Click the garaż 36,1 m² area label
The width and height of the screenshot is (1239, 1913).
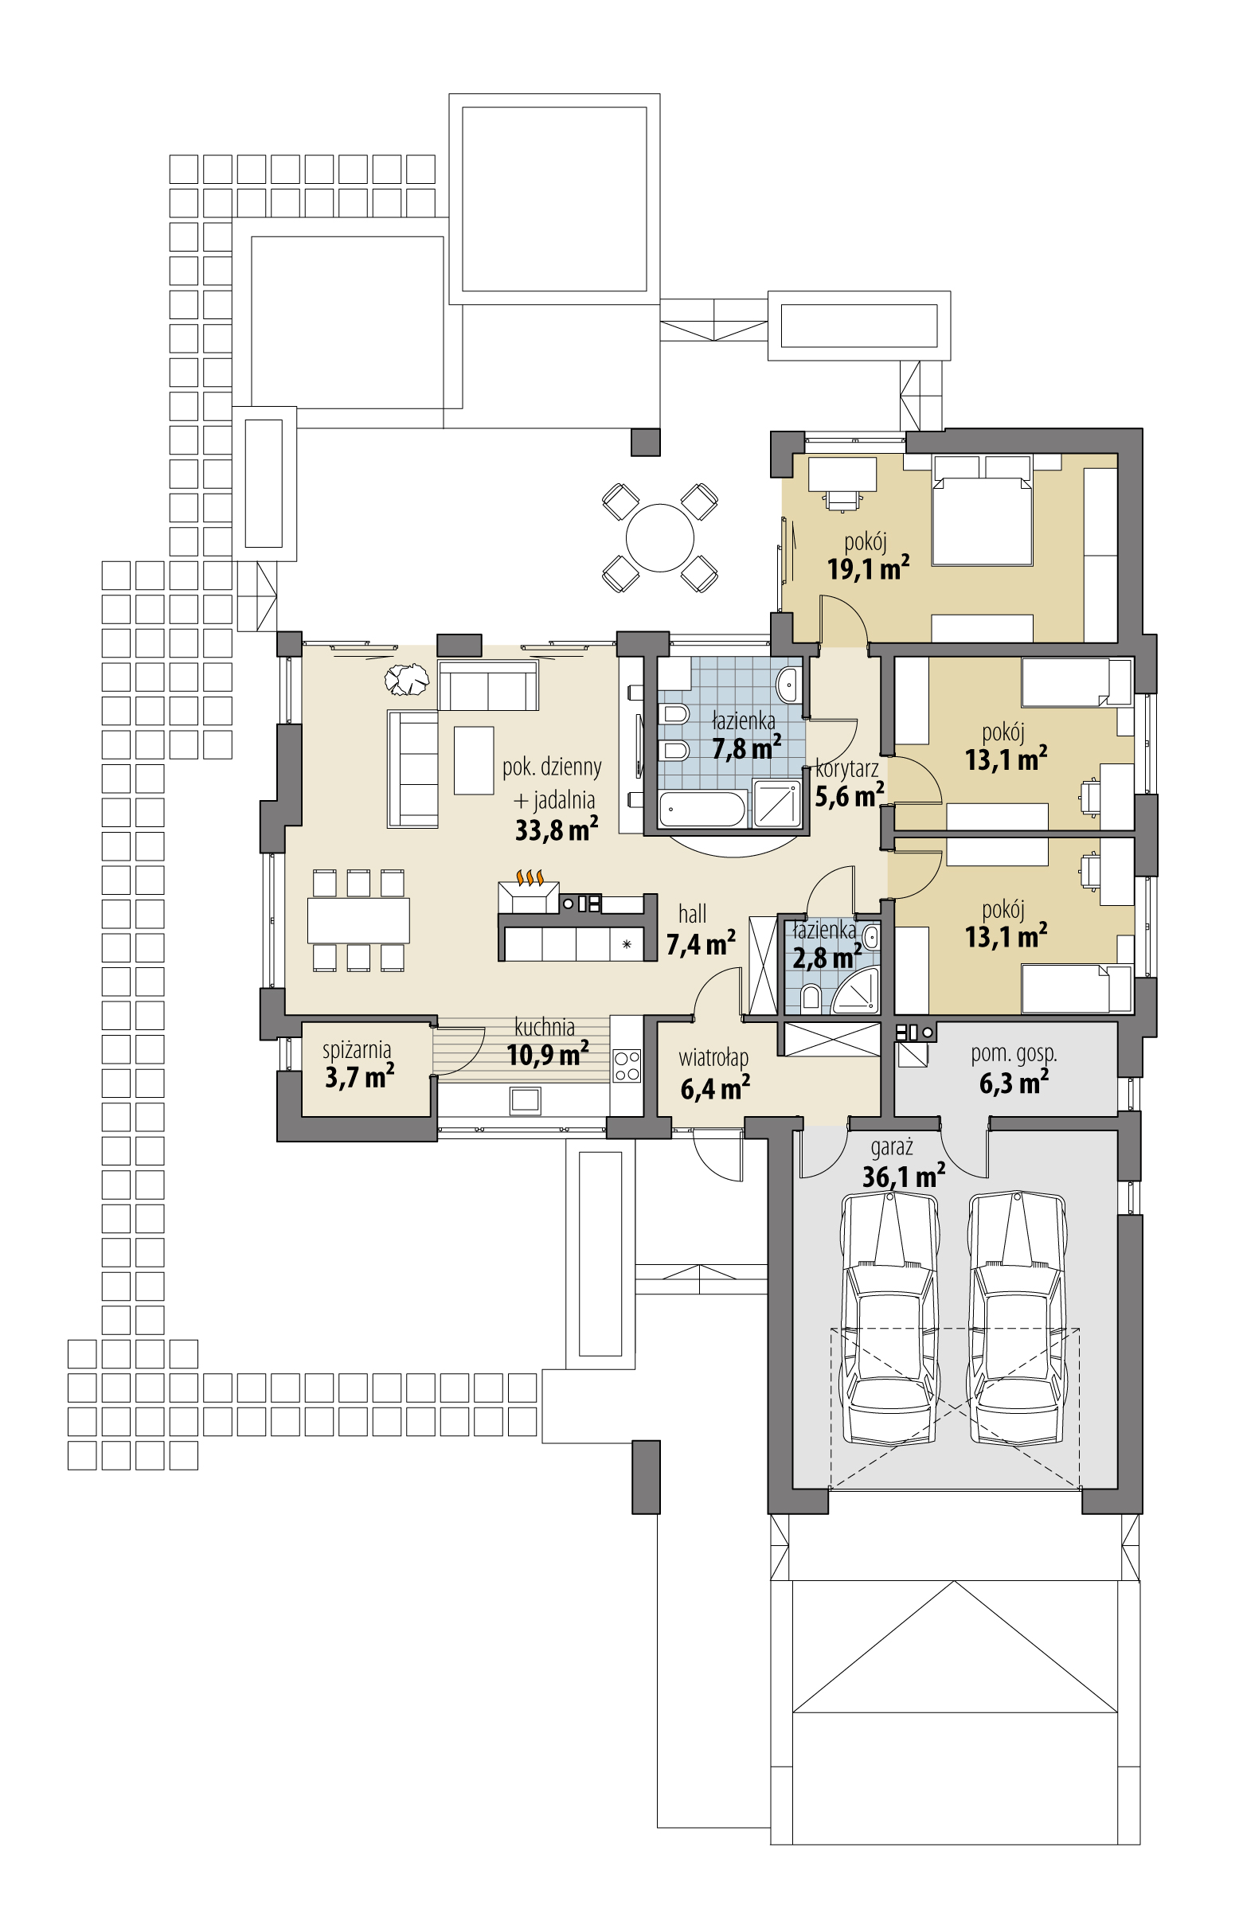click(902, 1165)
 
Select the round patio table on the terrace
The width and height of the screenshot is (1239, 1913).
click(659, 537)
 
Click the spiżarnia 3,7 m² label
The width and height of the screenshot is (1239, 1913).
click(358, 1064)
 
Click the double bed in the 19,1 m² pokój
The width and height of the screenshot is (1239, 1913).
click(982, 521)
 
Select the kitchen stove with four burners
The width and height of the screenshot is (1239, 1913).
click(627, 1066)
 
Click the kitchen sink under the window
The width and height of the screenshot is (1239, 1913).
click(525, 1099)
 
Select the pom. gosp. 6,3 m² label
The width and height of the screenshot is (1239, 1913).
click(1013, 1069)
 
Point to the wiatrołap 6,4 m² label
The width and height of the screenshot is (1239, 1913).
click(714, 1074)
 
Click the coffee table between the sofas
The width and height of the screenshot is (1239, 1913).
click(473, 759)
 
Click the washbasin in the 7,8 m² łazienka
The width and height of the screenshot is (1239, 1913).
click(788, 683)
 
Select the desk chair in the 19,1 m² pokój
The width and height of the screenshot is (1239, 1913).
click(841, 500)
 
